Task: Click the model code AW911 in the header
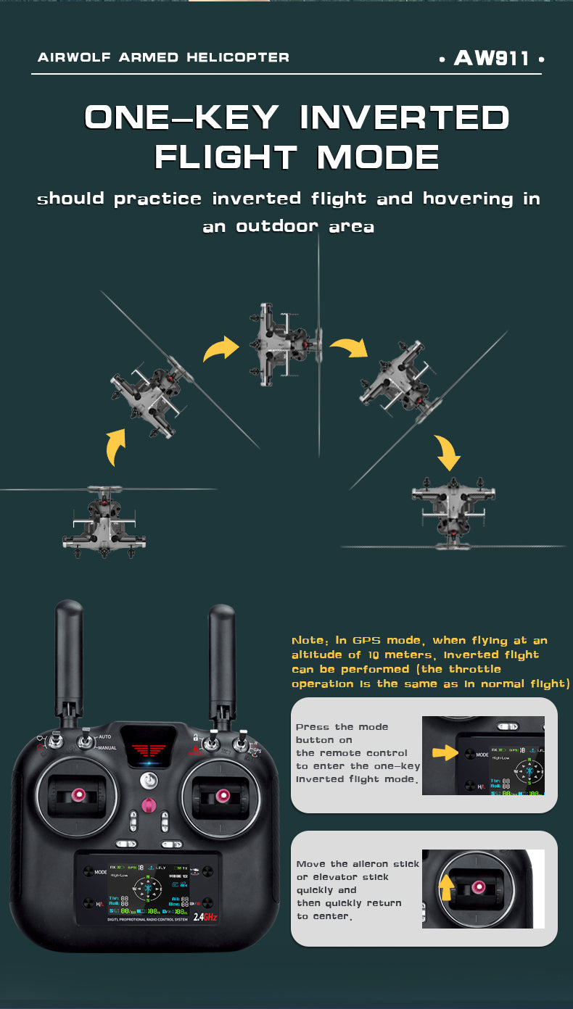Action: pos(492,58)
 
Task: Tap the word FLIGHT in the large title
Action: pos(226,157)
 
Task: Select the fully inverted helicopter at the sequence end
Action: pos(454,508)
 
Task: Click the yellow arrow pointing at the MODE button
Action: pos(444,754)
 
